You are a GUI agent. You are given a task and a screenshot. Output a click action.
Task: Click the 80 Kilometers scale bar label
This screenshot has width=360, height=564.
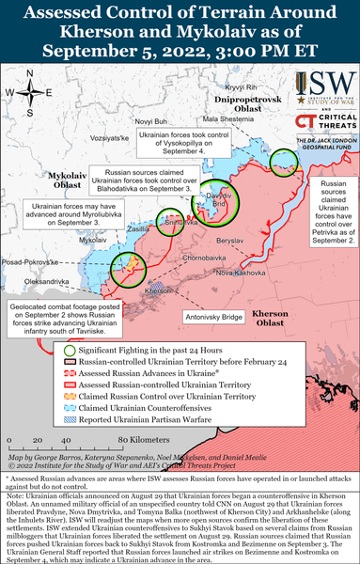click(x=142, y=439)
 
